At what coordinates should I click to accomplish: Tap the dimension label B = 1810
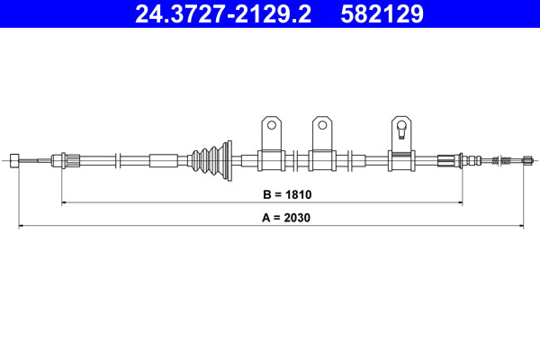286,193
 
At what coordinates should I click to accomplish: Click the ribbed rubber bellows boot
210,160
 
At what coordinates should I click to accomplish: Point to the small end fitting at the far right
522,160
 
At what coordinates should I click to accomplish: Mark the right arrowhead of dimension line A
520,226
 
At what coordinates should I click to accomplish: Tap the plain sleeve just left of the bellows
164,160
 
